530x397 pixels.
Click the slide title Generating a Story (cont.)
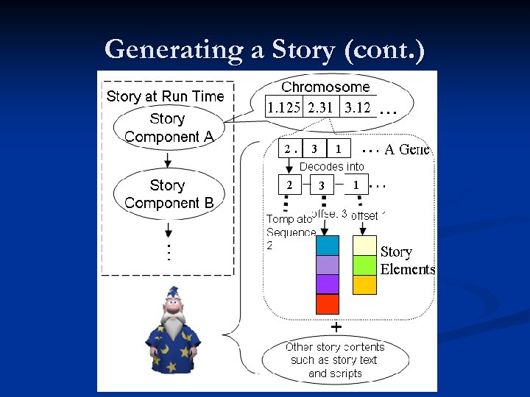click(x=264, y=49)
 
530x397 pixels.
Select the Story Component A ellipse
click(x=168, y=128)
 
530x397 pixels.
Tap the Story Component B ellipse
click(x=168, y=194)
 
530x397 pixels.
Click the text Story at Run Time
click(x=165, y=96)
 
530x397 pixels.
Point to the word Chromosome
click(x=325, y=87)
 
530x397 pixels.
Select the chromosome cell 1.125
click(x=284, y=107)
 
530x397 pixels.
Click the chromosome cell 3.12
click(x=358, y=107)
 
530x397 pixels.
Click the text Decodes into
click(x=331, y=167)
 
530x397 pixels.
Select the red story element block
click(x=328, y=304)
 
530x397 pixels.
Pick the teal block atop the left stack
click(x=328, y=245)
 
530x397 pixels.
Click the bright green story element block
click(x=365, y=265)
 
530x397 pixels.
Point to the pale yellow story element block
click(x=365, y=245)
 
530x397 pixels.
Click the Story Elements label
click(x=407, y=260)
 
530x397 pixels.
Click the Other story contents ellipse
click(x=335, y=360)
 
